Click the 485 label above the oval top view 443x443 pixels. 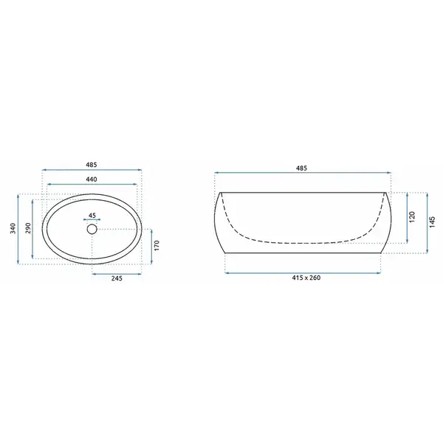92,165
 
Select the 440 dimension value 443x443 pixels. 92,179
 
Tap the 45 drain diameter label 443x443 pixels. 92,216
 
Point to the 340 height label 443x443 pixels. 13,228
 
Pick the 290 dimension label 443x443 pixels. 28,228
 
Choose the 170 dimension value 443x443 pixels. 157,245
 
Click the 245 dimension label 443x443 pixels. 117,278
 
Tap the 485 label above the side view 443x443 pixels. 301,168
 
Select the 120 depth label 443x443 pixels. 412,216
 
